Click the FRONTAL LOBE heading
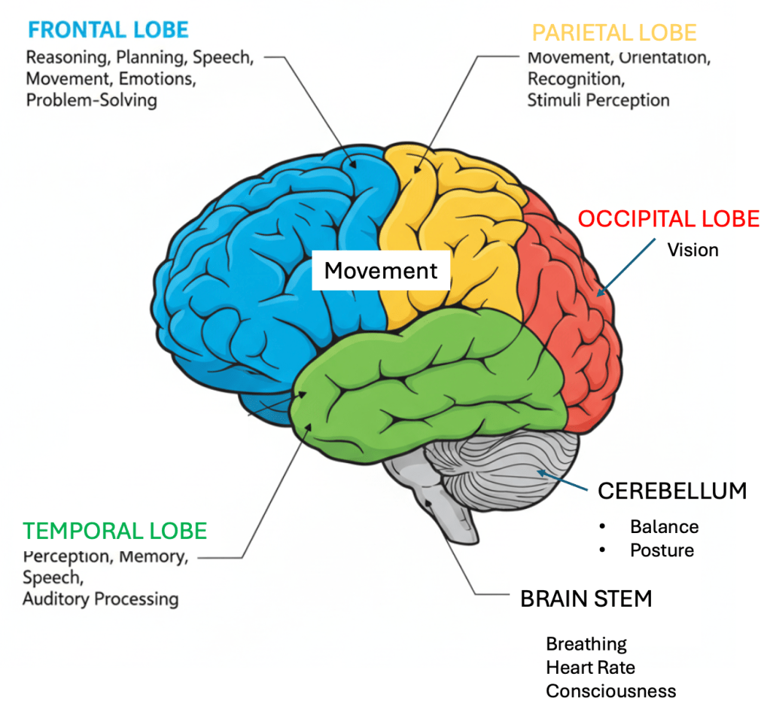point(108,31)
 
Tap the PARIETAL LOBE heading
point(614,33)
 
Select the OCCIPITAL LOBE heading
point(668,219)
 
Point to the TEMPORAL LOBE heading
point(114,531)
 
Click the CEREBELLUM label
point(672,492)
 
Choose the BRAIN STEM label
point(586,599)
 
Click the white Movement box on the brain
point(381,271)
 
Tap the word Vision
point(692,250)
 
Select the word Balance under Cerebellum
point(664,526)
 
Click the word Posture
point(662,550)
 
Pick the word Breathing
point(586,644)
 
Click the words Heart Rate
point(591,668)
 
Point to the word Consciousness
point(610,691)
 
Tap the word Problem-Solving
point(91,100)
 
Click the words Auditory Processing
point(100,599)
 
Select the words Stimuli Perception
point(598,99)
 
